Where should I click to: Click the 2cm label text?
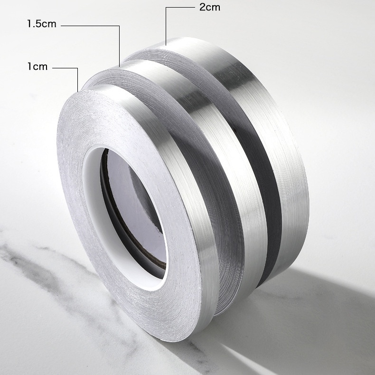coord(210,8)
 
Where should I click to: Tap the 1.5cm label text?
coord(42,24)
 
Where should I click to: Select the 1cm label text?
coord(37,66)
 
